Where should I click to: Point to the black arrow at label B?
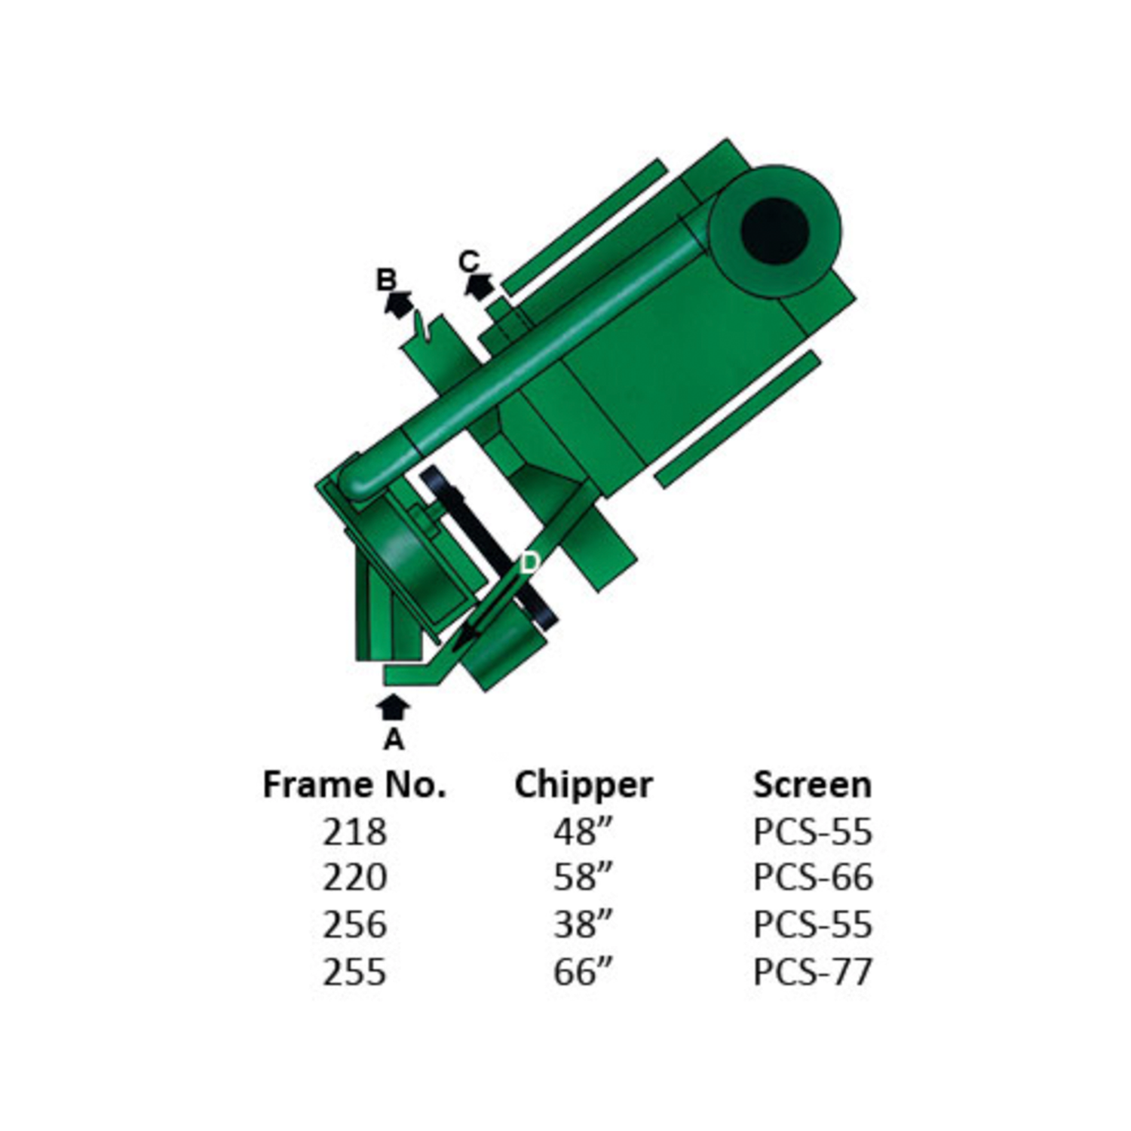pos(398,304)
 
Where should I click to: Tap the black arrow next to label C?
pos(478,286)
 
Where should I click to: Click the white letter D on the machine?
pos(530,562)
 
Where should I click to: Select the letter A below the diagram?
pos(394,740)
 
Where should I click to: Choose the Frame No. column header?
pos(354,785)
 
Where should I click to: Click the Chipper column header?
pos(584,786)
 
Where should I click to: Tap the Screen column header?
pos(813,785)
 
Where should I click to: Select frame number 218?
pos(354,832)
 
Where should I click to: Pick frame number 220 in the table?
pos(354,878)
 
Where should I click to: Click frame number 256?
pos(354,924)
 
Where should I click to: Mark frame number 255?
pos(354,971)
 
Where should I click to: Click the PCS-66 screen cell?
pos(813,878)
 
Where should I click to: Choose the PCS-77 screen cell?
pos(813,971)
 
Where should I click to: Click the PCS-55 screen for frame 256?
pos(813,924)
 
